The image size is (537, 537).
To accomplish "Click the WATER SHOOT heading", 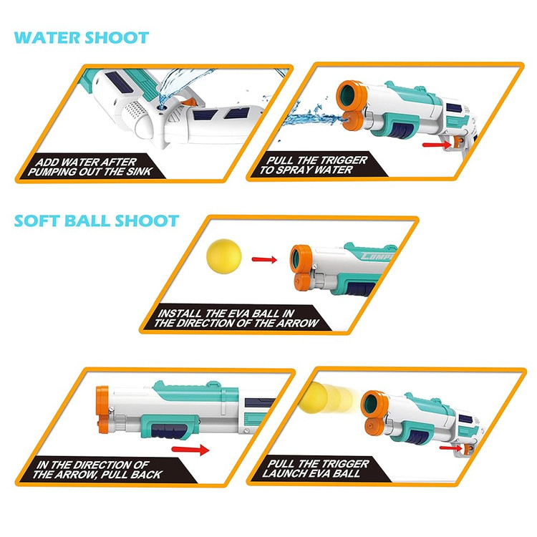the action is (82, 38).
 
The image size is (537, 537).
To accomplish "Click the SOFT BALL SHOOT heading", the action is (97, 221).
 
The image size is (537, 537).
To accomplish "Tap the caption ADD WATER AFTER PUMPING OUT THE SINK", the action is (89, 167).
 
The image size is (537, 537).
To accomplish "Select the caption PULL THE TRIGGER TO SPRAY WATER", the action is (313, 165).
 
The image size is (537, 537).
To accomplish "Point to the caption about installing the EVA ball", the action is (236, 318).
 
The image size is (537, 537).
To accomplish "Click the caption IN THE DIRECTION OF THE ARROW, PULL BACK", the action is (97, 470).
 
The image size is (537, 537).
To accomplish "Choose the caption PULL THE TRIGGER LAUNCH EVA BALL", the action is (316, 468).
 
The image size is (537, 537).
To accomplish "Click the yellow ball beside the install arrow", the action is (224, 256).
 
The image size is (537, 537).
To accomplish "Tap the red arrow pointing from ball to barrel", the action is (264, 260).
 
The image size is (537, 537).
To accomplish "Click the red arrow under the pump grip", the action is (190, 450).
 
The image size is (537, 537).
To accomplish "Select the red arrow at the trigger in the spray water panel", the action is (437, 145).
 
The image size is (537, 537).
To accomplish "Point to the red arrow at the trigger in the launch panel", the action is (451, 447).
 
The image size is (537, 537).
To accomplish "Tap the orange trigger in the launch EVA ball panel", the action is (468, 448).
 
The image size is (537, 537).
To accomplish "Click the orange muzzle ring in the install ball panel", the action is (300, 259).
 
